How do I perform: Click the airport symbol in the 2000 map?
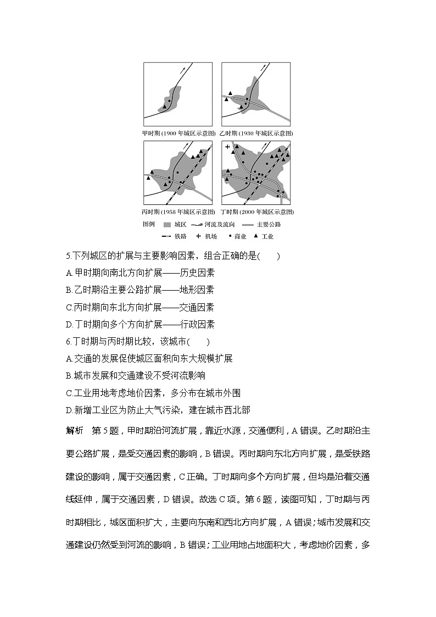click(x=227, y=147)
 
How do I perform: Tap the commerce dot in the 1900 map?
click(x=169, y=101)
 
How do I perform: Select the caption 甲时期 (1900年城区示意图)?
click(x=178, y=133)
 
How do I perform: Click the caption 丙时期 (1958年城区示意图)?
click(x=178, y=212)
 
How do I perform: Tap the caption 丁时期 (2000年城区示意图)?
click(x=256, y=212)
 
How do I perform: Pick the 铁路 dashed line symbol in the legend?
click(x=167, y=236)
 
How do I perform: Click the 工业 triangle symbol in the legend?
click(x=256, y=236)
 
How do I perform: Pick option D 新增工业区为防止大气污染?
click(x=158, y=409)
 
